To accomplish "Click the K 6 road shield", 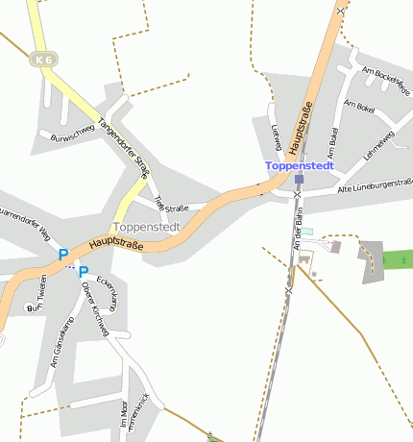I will pos(43,60).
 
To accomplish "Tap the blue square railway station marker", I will pos(300,179).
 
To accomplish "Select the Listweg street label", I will pos(277,137).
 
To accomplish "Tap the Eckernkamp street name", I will pos(106,288).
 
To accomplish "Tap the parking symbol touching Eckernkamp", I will pos(84,272).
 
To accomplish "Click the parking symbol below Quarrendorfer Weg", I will pos(63,255).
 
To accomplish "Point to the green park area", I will pos(397,258).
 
